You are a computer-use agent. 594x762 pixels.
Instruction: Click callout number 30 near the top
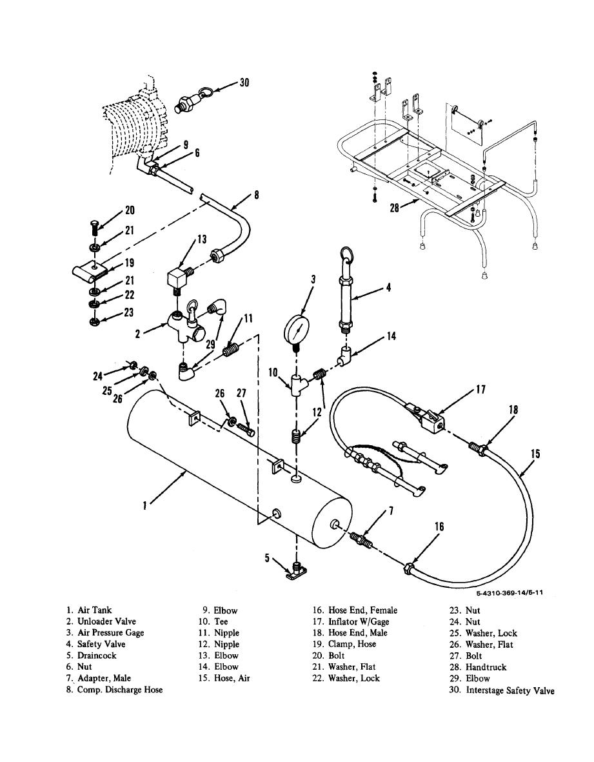pyautogui.click(x=244, y=82)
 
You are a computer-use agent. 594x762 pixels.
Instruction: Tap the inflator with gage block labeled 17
pyautogui.click(x=428, y=417)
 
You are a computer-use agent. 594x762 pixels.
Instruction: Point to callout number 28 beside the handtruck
pyautogui.click(x=394, y=208)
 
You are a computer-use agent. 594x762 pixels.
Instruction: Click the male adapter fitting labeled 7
pyautogui.click(x=361, y=541)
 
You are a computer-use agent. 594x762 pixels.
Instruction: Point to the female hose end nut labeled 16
pyautogui.click(x=409, y=566)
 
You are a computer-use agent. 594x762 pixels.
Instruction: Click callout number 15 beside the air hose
pyautogui.click(x=535, y=454)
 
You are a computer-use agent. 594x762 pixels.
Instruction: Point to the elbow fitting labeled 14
pyautogui.click(x=344, y=357)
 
